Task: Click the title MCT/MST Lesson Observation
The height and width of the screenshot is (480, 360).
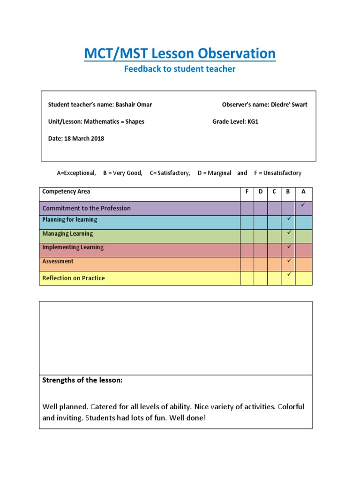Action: pos(180,53)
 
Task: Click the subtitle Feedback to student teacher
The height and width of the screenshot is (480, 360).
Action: pos(180,69)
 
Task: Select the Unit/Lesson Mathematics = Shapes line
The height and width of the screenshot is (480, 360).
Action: pos(96,121)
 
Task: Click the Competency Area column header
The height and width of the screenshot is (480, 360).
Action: pos(66,192)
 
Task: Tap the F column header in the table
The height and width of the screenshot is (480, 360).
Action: pos(247,192)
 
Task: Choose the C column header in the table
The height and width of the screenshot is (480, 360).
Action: pos(275,192)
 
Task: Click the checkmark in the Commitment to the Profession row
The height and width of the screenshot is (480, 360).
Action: pos(303,205)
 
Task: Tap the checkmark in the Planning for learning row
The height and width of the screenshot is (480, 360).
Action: pos(289,219)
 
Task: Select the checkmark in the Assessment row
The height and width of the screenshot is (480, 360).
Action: pos(289,260)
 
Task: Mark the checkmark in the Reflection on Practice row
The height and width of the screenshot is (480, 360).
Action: pos(289,274)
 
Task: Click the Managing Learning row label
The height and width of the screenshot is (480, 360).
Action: pos(67,233)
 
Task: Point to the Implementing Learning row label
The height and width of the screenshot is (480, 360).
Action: pos(73,247)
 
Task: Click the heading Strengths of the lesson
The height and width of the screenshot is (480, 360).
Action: pos(82,380)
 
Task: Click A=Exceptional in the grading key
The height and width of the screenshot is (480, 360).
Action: pos(76,173)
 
